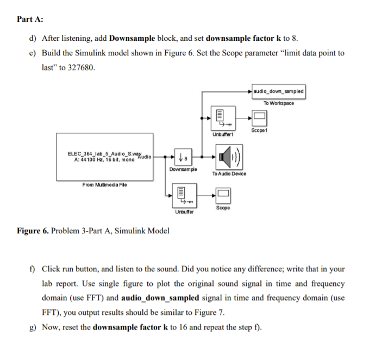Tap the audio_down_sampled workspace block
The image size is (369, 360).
(x=279, y=91)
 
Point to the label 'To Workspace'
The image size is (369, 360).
(x=279, y=103)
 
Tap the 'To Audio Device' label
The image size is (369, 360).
(x=229, y=173)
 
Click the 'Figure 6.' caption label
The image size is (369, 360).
(x=34, y=231)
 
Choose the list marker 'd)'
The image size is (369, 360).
(x=33, y=39)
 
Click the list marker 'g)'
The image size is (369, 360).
(x=33, y=327)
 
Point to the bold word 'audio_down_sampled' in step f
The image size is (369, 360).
(x=157, y=298)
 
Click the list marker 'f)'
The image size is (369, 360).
(x=33, y=269)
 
